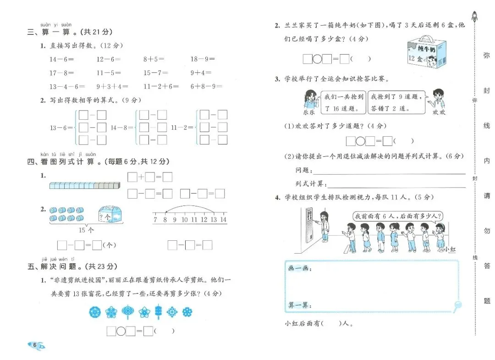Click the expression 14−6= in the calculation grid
click(x=61, y=59)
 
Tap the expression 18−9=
click(x=203, y=59)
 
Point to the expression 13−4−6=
click(x=64, y=86)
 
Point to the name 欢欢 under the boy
click(x=439, y=112)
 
